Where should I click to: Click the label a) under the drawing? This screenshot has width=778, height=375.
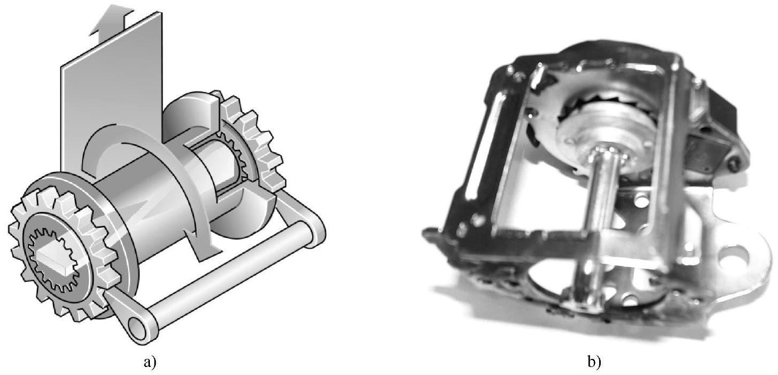150,362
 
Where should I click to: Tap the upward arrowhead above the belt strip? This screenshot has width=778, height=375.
112,19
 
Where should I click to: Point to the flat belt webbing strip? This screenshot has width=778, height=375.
112,94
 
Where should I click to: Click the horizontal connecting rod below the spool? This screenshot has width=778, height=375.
229,274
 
